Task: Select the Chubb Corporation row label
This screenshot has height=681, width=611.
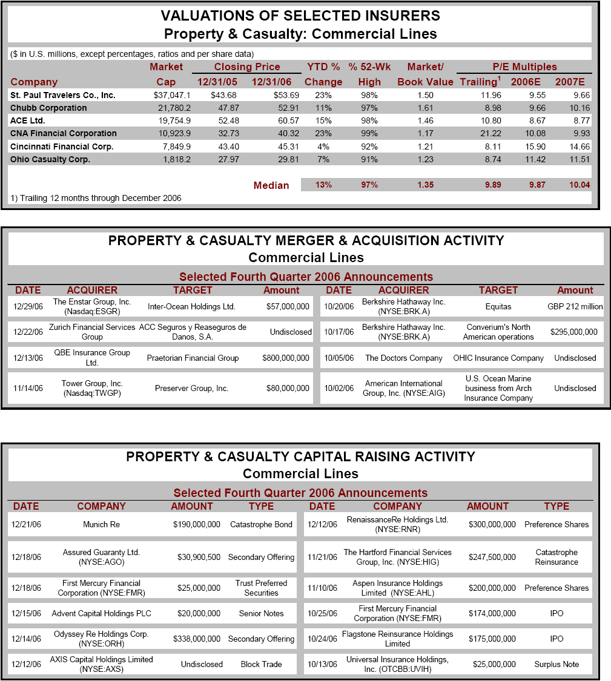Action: pyautogui.click(x=48, y=108)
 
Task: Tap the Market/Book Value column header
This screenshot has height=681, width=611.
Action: pyautogui.click(x=425, y=74)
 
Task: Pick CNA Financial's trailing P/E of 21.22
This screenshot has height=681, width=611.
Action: pyautogui.click(x=489, y=133)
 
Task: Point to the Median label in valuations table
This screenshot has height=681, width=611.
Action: pyautogui.click(x=271, y=185)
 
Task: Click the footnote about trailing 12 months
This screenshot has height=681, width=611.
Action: pyautogui.click(x=96, y=198)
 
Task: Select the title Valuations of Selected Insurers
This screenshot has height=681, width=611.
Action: pyautogui.click(x=300, y=16)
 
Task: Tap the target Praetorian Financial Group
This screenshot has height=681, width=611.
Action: pyautogui.click(x=193, y=358)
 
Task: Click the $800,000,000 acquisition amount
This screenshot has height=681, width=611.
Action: pyautogui.click(x=286, y=358)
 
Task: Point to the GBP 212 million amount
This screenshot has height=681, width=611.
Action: pyautogui.click(x=575, y=306)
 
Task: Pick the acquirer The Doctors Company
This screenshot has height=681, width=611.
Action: pyautogui.click(x=403, y=358)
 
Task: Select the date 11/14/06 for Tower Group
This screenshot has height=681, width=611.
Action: pyautogui.click(x=28, y=388)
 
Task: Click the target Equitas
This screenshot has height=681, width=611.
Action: pyautogui.click(x=498, y=306)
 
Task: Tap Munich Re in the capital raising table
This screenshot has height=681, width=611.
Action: pyautogui.click(x=101, y=524)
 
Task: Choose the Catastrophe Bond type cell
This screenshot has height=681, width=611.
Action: pyautogui.click(x=261, y=524)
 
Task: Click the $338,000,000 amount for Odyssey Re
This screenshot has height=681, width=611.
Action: pyautogui.click(x=197, y=639)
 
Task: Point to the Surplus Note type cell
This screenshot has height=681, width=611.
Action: pyautogui.click(x=557, y=664)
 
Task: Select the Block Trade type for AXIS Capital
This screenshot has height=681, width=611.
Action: pyautogui.click(x=261, y=664)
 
